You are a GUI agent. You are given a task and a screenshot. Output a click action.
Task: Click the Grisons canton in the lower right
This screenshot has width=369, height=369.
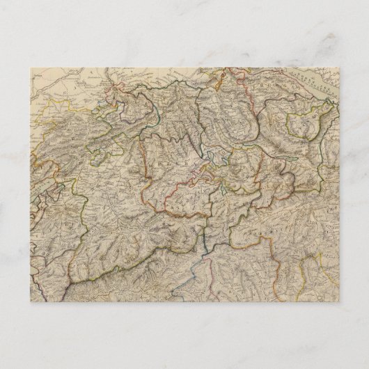299,209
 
